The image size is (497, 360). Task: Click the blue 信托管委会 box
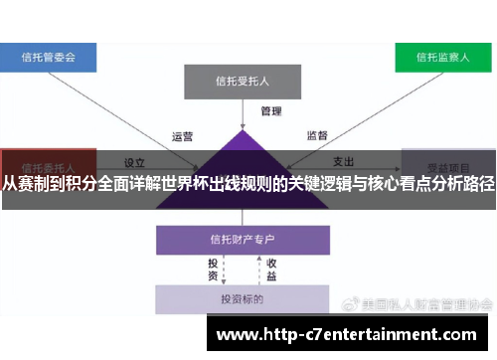point(49,58)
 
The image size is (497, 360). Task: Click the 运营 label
point(182,137)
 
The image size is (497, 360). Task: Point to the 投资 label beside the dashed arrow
point(213,270)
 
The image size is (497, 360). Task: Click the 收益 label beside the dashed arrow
point(270,270)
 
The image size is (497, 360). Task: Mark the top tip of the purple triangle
point(241,130)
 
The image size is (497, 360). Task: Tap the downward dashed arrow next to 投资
point(227,270)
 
